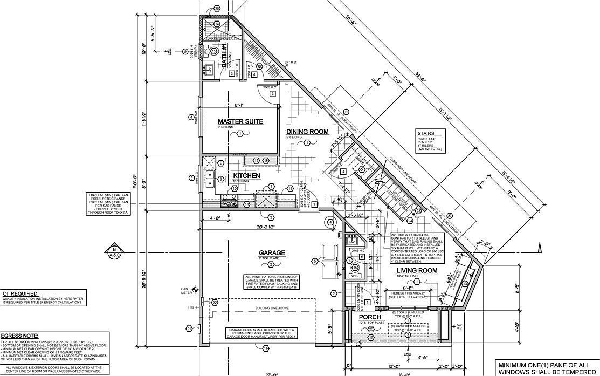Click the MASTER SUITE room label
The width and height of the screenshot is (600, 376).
(x=240, y=121)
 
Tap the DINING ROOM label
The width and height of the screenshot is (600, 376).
(x=307, y=132)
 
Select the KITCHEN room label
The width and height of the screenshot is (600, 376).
(x=246, y=176)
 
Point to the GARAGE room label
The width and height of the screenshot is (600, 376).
(x=272, y=252)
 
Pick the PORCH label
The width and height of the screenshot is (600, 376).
(x=370, y=317)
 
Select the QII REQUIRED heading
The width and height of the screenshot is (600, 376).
(x=19, y=293)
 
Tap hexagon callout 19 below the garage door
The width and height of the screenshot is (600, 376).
(x=265, y=349)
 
